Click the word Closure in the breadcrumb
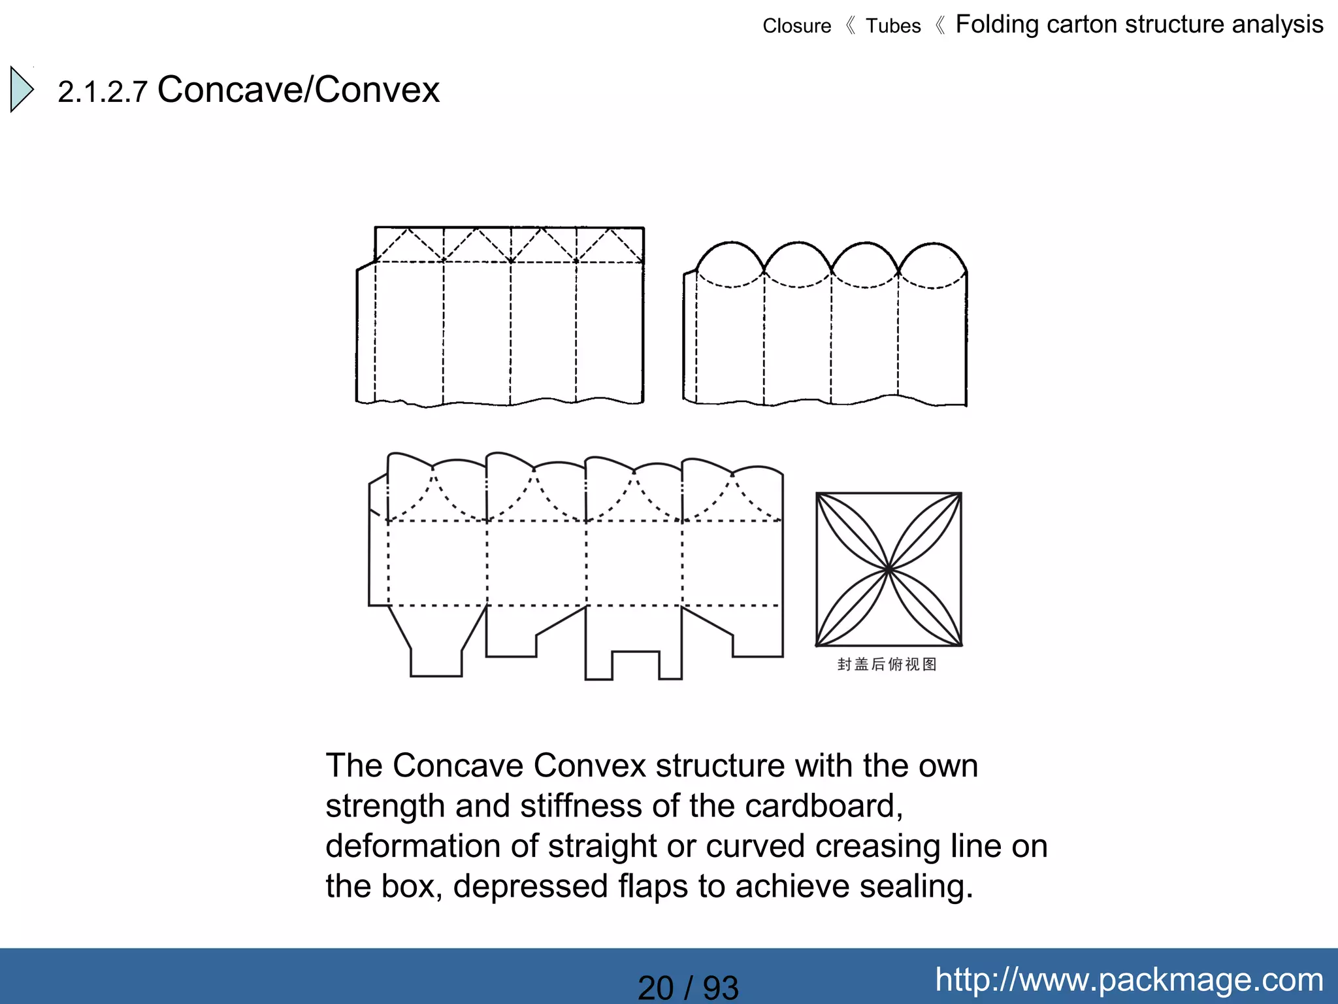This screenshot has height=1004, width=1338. pyautogui.click(x=796, y=26)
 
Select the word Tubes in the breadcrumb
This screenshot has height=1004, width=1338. pyautogui.click(x=892, y=26)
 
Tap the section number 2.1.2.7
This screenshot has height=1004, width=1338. pyautogui.click(x=103, y=92)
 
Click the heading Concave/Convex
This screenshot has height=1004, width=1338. pyautogui.click(x=299, y=90)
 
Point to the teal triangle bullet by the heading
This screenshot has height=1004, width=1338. pyautogui.click(x=22, y=89)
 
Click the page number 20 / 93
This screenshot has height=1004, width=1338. pyautogui.click(x=688, y=987)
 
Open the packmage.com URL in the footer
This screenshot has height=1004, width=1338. pyautogui.click(x=1129, y=979)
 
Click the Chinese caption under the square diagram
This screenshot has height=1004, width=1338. pyautogui.click(x=887, y=665)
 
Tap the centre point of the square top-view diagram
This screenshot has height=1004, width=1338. pyautogui.click(x=889, y=570)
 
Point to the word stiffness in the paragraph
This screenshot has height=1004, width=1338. pyautogui.click(x=581, y=806)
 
